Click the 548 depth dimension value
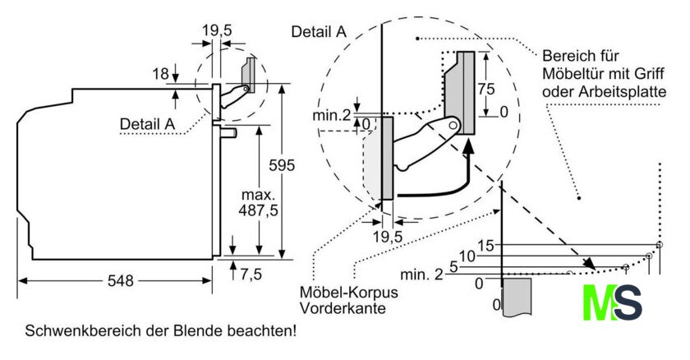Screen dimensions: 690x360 [x=120, y=280]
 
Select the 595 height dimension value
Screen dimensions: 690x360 [x=282, y=165]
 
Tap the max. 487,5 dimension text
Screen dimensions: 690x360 [x=258, y=203]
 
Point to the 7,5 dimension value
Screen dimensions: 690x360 [x=251, y=275]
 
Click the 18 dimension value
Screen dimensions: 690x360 [x=161, y=73]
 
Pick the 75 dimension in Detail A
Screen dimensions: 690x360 [x=486, y=89]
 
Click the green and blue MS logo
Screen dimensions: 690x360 [x=613, y=302]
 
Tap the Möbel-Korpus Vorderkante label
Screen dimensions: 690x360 [x=348, y=300]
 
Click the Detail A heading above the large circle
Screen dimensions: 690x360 [x=319, y=32]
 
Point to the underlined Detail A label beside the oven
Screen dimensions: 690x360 [x=147, y=124]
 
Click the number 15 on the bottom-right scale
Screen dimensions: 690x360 [x=485, y=246]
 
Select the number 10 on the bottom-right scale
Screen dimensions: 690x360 [x=467, y=256]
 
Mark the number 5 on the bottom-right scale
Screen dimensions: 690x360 [x=453, y=266]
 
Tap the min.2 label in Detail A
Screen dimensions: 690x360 [x=332, y=115]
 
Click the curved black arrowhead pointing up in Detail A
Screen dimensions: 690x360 [x=469, y=145]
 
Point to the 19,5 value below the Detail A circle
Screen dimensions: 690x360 [x=388, y=237]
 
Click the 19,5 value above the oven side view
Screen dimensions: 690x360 [x=217, y=30]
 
